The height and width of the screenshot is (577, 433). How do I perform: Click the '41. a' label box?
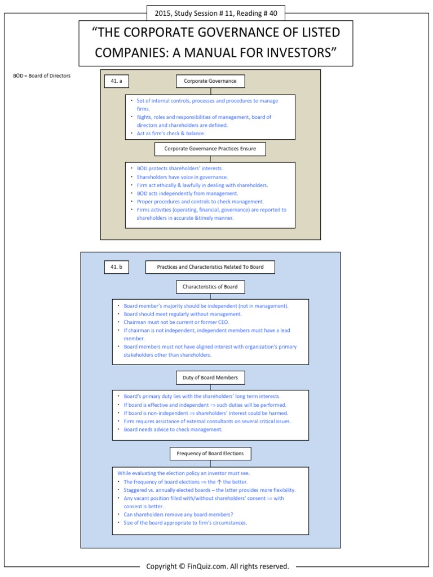116,82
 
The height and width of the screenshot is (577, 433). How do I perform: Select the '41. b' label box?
116,267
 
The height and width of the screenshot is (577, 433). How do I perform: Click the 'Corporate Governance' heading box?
210,82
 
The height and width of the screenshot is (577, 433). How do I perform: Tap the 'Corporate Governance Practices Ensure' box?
210,149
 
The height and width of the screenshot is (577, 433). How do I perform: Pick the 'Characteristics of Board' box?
210,287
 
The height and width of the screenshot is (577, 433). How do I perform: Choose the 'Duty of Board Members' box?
210,378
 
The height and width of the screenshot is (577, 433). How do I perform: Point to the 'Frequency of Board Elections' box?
210,454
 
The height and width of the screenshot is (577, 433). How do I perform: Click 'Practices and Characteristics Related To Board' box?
210,267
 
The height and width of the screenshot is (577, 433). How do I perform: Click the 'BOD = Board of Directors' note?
42,76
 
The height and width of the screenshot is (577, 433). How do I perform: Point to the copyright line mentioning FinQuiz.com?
217,566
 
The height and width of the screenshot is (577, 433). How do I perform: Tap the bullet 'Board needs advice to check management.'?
173,429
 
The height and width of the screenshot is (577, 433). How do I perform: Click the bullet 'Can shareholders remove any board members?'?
178,514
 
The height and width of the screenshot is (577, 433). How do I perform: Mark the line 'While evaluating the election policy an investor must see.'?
183,473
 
